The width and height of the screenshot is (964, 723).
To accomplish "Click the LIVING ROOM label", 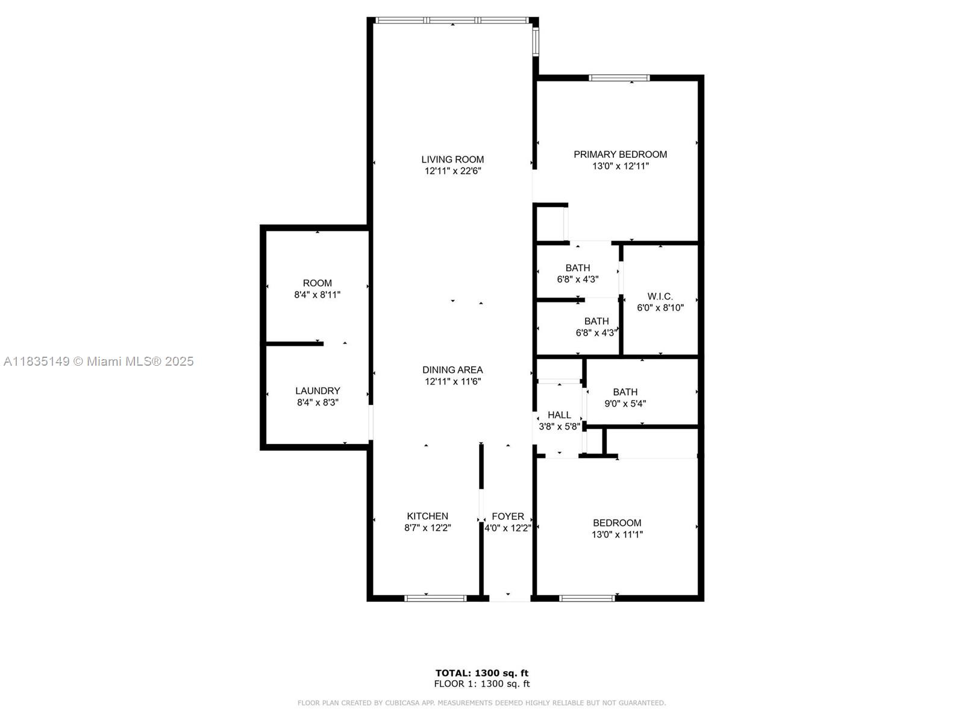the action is pos(452,159).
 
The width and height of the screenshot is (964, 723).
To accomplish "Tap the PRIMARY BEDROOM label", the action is pos(620,154).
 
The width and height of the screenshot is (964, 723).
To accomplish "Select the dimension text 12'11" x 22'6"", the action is pos(452,171).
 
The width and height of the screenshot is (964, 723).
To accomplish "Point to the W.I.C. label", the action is pos(660,296).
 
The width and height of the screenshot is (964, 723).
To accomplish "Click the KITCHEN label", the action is pos(427,516).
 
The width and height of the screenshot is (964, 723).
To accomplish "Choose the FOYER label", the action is pos(508,516).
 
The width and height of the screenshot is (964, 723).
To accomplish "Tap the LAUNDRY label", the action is pos(318,390).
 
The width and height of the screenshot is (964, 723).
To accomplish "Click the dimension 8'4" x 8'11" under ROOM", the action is pos(317,295).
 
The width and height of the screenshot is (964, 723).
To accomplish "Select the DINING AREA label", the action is pos(452,370).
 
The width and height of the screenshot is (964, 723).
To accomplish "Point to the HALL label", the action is pos(559,415).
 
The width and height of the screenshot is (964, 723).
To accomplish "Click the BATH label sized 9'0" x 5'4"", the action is pos(625,392).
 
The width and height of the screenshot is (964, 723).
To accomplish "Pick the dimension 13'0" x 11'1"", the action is pos(617,534).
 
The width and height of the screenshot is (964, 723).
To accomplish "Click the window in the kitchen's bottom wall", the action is pos(435,598).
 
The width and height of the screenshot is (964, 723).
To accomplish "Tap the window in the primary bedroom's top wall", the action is pos(619,78).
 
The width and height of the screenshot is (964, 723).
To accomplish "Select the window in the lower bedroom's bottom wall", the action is pos(587,598).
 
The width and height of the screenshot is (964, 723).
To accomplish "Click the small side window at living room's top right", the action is pos(536,41).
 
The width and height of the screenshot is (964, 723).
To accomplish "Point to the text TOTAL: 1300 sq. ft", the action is pos(482,673).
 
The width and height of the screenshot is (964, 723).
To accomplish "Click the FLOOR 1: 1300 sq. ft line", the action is pos(482,684).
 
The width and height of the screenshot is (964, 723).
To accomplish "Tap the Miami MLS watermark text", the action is pos(98,361).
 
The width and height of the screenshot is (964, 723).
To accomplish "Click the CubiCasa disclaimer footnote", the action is pos(482,703).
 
